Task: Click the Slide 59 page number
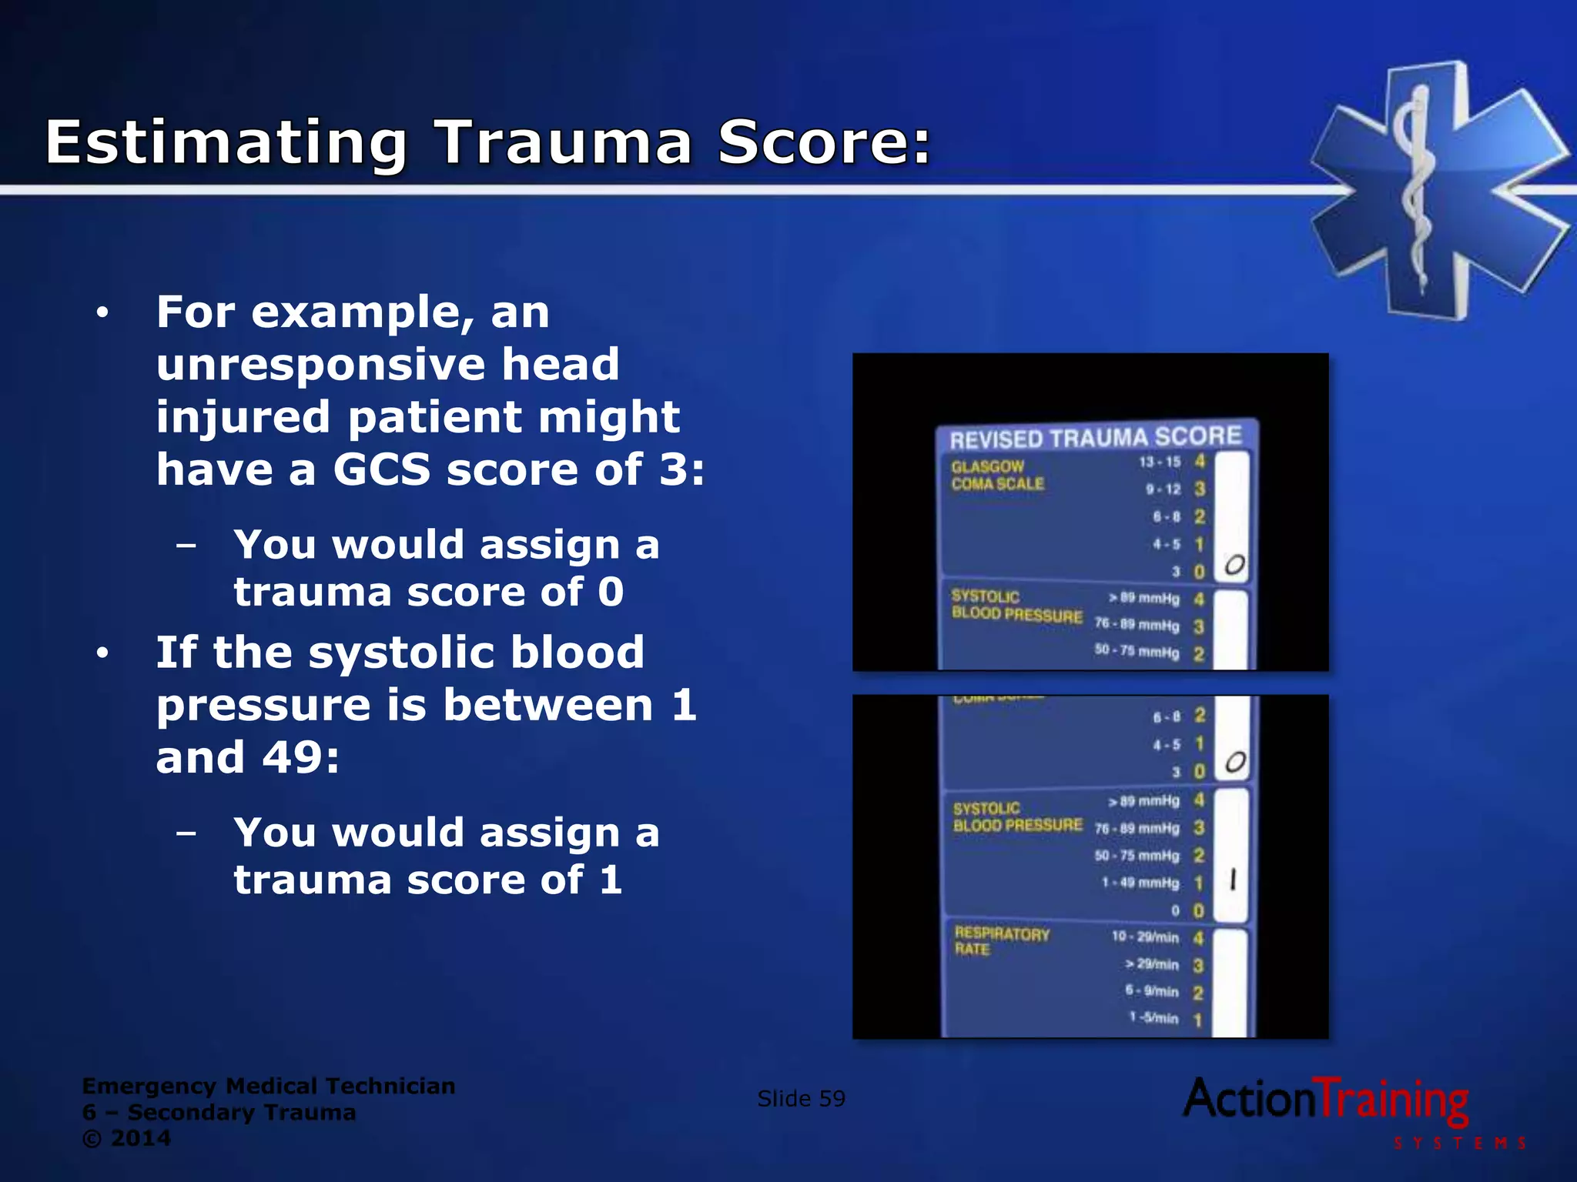[x=801, y=1098]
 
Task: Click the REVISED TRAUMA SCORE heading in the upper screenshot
[x=1095, y=438]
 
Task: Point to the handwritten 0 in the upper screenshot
[x=1234, y=565]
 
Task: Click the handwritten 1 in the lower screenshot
[x=1233, y=880]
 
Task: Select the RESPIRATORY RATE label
[x=1001, y=941]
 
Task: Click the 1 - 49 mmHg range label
[x=1140, y=883]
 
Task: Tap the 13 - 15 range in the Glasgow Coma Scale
[x=1160, y=462]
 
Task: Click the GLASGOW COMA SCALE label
[x=996, y=475]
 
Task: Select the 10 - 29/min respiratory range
[x=1145, y=937]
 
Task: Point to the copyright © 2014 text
[x=126, y=1138]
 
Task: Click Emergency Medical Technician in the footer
[x=268, y=1086]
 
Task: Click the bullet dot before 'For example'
[x=102, y=313]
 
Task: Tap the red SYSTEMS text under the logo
[x=1459, y=1144]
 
